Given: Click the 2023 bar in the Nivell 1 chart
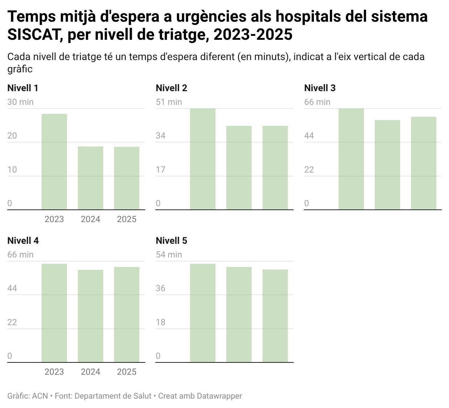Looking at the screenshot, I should click(54, 162).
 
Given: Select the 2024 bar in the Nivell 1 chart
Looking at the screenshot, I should click(91, 178).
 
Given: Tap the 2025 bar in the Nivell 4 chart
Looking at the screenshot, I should click(127, 314).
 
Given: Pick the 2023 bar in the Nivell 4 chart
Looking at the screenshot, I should click(54, 313).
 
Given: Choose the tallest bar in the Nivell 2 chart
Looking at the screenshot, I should click(203, 159).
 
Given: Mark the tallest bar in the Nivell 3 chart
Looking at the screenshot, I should click(351, 159).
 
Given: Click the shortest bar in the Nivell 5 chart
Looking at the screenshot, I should click(275, 316).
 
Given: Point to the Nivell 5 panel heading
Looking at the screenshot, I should click(171, 241).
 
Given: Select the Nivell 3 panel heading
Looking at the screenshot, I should click(320, 88).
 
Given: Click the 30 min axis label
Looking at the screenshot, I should click(20, 102).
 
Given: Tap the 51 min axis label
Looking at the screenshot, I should click(169, 102).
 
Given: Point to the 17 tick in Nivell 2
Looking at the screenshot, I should click(160, 170).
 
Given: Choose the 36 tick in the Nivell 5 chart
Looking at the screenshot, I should click(160, 288).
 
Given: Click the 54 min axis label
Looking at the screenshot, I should click(169, 255).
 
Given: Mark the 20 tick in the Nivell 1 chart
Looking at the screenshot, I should click(12, 136).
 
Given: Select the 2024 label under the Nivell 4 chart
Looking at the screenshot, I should click(91, 372).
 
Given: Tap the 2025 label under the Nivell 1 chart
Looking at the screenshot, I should click(127, 219).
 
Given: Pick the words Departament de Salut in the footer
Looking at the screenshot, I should click(113, 396).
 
